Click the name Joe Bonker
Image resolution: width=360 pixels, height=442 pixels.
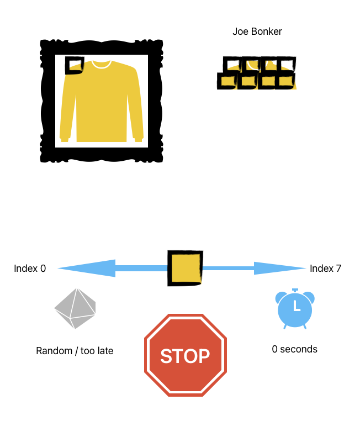[257, 31]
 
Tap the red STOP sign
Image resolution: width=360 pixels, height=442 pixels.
[185, 355]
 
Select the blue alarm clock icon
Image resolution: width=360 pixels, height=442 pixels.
[295, 309]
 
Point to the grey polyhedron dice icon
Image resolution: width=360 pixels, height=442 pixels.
[75, 308]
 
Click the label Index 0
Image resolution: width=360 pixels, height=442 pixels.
[30, 269]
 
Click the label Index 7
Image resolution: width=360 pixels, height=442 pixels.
[325, 269]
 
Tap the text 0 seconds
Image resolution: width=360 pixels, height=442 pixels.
[294, 349]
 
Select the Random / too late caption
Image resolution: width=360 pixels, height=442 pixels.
[75, 351]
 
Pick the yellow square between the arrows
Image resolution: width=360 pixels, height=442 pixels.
[185, 269]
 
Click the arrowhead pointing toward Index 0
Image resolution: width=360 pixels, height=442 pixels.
[86, 269]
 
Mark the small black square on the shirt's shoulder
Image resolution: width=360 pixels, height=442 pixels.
[74, 65]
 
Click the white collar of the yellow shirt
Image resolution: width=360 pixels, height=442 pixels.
[101, 64]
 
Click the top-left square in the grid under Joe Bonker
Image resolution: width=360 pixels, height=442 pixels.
[231, 65]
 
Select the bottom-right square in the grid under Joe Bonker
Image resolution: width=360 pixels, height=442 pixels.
[287, 81]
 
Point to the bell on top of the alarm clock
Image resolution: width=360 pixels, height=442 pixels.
[295, 290]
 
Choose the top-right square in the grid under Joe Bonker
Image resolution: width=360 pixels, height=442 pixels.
[287, 65]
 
